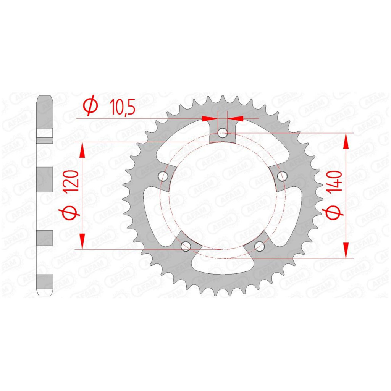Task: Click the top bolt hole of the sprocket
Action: (x=223, y=133)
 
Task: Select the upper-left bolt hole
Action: (x=163, y=176)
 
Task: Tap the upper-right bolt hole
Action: (x=282, y=176)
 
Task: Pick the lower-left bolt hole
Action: (x=186, y=246)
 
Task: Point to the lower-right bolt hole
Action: (x=259, y=246)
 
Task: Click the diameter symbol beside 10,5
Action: (x=90, y=105)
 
